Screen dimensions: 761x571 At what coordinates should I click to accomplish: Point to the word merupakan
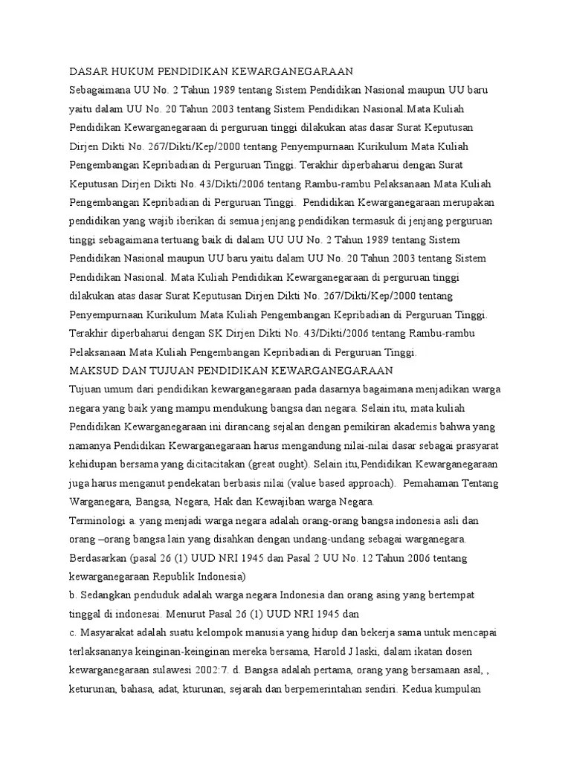(465, 202)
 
